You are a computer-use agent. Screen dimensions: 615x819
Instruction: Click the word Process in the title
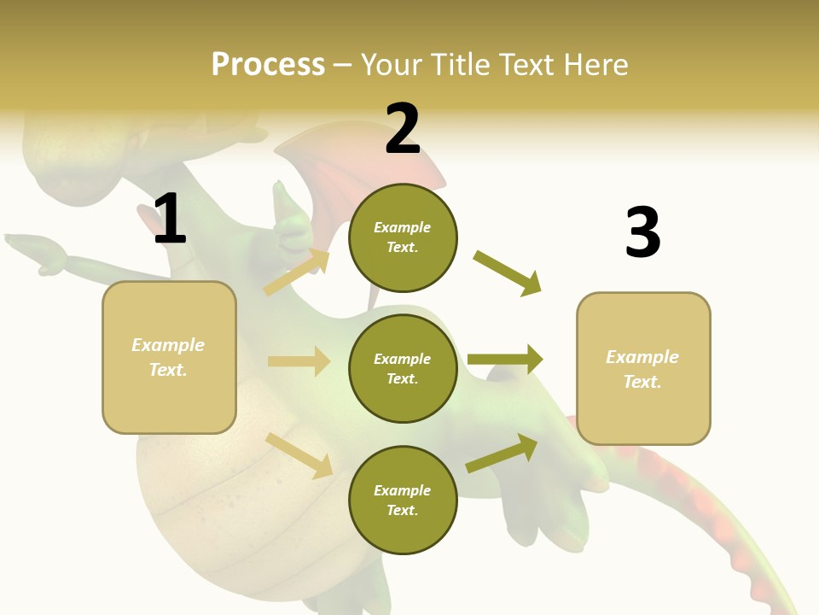click(268, 64)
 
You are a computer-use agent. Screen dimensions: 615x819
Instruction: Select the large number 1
click(170, 219)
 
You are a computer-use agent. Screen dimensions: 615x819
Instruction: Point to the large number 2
click(403, 129)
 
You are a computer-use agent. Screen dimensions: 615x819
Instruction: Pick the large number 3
click(642, 232)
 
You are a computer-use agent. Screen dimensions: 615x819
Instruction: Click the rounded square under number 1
click(169, 357)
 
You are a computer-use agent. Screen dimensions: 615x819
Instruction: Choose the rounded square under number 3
click(643, 368)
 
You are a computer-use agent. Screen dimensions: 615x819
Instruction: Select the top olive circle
click(403, 237)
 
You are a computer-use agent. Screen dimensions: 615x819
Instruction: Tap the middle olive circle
click(403, 368)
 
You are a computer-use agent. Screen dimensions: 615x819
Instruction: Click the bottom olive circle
click(403, 500)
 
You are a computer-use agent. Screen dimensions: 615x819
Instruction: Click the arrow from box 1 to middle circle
click(299, 361)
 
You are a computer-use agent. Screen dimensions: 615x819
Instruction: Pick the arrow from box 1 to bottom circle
click(299, 455)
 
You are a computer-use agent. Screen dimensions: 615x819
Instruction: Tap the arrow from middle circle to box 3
click(505, 360)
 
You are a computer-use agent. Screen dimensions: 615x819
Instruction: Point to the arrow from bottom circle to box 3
click(502, 454)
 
